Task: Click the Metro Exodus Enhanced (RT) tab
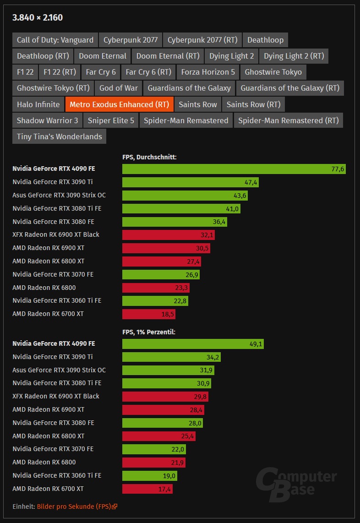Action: (119, 104)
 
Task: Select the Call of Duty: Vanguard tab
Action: (55, 40)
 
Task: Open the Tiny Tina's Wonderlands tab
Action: (59, 136)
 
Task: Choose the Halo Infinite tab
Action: (38, 104)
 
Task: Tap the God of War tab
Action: (118, 88)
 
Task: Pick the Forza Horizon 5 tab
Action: (207, 72)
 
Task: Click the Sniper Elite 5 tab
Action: (111, 120)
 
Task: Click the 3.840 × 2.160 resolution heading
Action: (38, 18)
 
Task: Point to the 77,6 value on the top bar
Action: (338, 169)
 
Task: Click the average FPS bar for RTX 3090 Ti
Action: (191, 182)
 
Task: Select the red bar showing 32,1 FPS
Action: (168, 235)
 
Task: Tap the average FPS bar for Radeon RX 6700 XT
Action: (148, 314)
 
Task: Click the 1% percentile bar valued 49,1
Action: (192, 344)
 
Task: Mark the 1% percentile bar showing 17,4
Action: (147, 489)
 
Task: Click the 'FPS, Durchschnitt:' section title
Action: (149, 157)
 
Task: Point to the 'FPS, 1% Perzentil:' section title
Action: (149, 332)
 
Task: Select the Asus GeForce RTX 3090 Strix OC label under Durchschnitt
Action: (59, 195)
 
